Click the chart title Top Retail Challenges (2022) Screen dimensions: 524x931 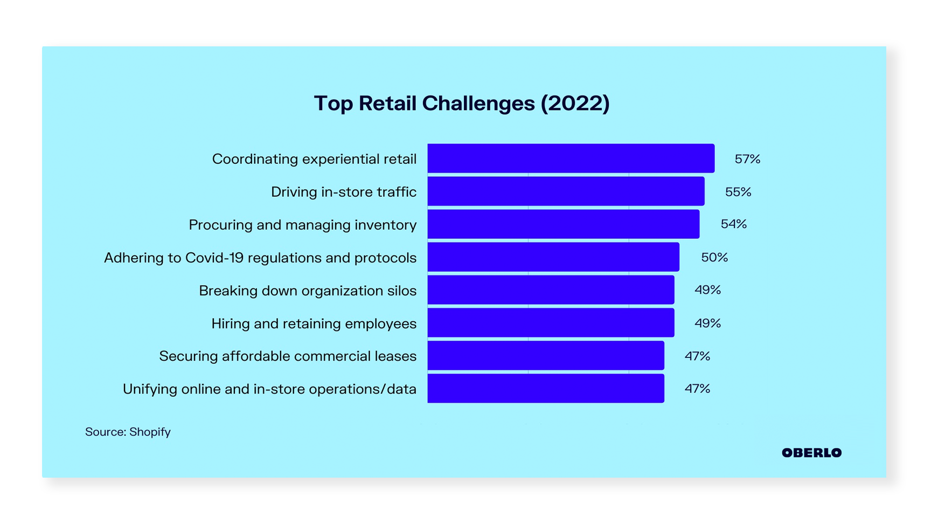462,103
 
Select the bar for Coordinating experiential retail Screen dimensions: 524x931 571,158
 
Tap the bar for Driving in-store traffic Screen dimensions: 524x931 566,191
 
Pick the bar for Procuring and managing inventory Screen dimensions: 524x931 563,224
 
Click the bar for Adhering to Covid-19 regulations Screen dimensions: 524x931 553,257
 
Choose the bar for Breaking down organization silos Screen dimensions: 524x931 551,290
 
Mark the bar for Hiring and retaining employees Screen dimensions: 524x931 551,323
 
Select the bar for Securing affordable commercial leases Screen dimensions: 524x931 546,356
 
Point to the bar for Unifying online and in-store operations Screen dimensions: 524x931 546,389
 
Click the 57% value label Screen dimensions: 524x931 747,159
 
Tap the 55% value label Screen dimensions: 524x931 738,192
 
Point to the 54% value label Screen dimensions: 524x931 733,224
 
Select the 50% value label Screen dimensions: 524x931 714,258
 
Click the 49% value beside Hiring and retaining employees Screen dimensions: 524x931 707,323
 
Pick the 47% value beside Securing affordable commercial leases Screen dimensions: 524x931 697,356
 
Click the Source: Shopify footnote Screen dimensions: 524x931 128,432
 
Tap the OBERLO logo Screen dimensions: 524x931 811,453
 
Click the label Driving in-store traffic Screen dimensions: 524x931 344,192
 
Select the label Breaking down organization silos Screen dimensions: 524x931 308,291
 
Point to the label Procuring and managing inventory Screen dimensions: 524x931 302,225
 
